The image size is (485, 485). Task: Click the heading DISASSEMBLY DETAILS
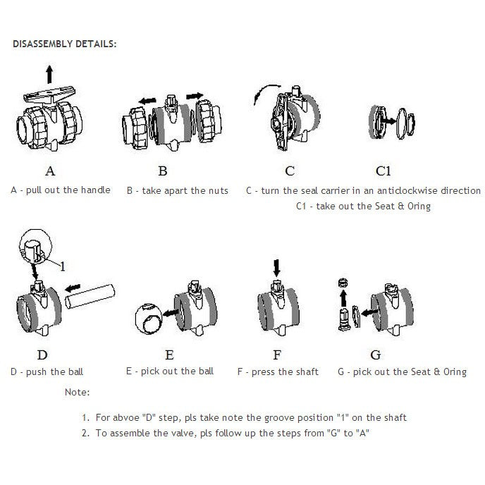tap(65, 44)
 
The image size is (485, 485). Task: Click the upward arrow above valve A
tap(49, 73)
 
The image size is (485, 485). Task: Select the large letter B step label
tap(163, 171)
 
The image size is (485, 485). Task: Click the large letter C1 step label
tap(383, 171)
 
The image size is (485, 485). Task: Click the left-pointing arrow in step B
tap(147, 101)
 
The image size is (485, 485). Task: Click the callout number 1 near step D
tap(63, 266)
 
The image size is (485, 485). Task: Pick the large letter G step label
tap(376, 355)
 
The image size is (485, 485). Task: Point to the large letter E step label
tap(169, 355)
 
